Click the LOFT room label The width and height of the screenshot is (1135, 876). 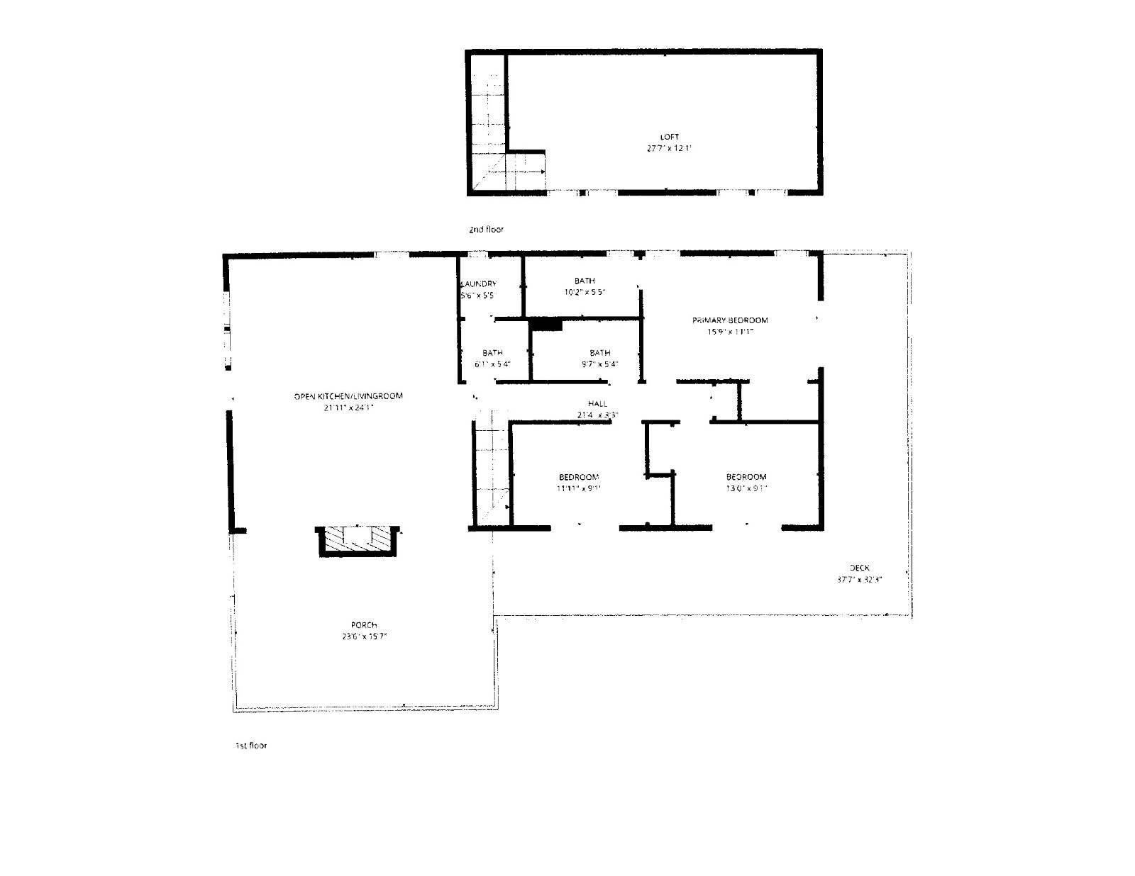point(670,137)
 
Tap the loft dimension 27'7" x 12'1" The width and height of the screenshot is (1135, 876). point(670,149)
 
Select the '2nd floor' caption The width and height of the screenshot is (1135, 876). point(486,230)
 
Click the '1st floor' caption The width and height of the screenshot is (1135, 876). point(251,746)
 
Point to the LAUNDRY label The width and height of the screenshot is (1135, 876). point(479,283)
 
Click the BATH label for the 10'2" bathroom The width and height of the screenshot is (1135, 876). point(585,281)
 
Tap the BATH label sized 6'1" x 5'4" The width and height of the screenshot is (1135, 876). point(492,353)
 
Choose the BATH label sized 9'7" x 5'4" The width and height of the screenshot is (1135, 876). point(599,353)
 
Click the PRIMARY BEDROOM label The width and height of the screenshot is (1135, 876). point(730,320)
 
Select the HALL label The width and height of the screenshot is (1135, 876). point(597,404)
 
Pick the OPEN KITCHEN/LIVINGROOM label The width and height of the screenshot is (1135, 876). point(348,395)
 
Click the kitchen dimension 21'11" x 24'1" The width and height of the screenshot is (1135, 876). point(348,408)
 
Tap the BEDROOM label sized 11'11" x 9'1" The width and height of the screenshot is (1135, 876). point(579,477)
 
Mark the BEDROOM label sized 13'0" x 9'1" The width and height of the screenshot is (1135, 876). point(746,477)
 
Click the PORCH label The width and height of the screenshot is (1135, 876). point(364,625)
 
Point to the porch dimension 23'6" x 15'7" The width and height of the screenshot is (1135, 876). point(364,636)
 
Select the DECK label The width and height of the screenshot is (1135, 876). point(859,567)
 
